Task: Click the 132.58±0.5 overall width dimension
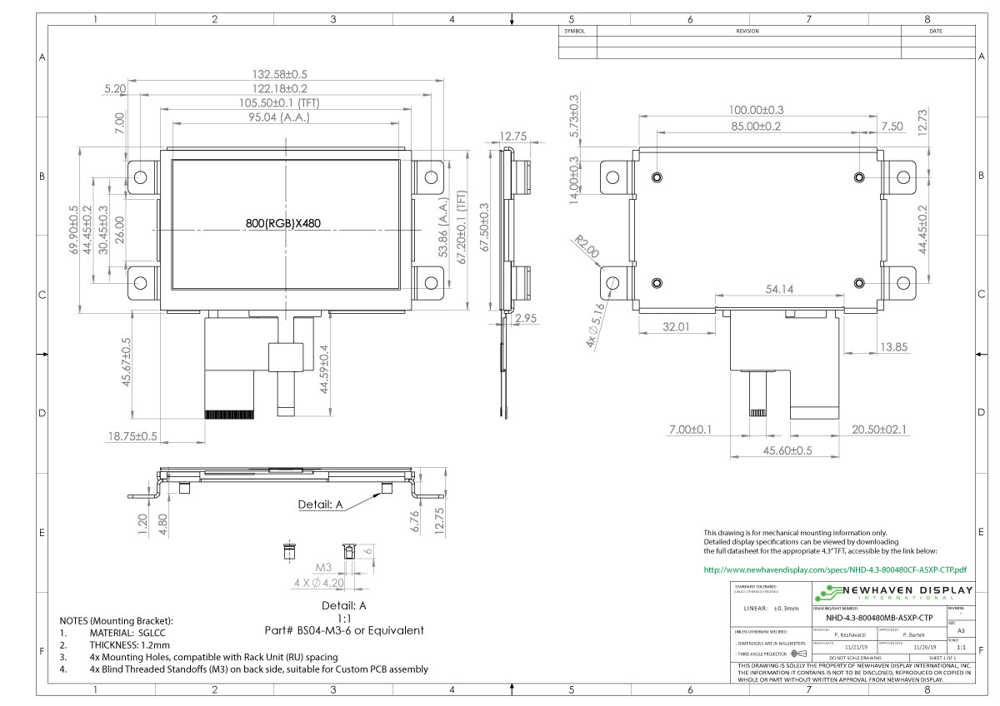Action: point(283,74)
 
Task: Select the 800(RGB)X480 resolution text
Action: point(283,223)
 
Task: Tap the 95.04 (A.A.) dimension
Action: point(283,117)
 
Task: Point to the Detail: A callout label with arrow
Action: point(321,504)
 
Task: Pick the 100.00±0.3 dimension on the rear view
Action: point(756,110)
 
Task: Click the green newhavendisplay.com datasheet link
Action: point(835,570)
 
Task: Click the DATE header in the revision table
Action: point(935,32)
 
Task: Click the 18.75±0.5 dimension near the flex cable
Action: point(132,435)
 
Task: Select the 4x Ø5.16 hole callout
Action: point(595,326)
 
